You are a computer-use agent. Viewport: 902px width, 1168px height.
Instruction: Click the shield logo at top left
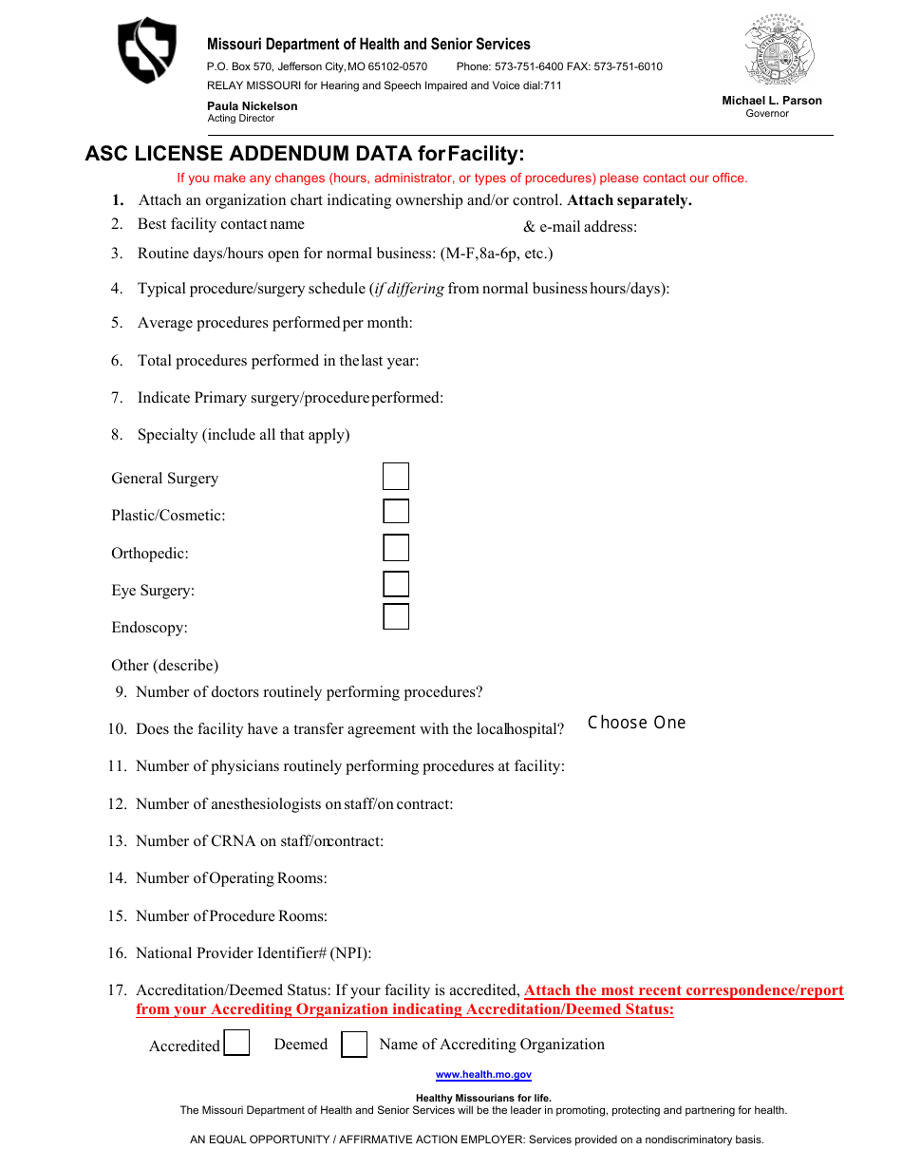[146, 49]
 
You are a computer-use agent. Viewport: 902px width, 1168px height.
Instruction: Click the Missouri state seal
[780, 51]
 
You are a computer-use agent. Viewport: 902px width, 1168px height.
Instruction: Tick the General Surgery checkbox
[396, 477]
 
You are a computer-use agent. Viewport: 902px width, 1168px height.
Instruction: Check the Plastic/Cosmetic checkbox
[396, 512]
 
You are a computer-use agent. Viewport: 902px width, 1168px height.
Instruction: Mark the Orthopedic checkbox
[396, 548]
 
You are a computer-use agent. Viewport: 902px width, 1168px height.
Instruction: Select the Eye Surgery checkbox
[396, 584]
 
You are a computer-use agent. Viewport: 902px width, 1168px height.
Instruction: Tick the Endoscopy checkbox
[396, 616]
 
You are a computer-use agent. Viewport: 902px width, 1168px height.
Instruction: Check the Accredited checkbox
[236, 1044]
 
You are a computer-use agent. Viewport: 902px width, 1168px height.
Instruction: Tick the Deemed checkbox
[354, 1045]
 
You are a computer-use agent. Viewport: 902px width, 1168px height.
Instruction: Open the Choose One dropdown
[636, 723]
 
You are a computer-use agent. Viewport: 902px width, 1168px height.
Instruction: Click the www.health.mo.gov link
[483, 1075]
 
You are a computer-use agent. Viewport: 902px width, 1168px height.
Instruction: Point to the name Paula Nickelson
[253, 106]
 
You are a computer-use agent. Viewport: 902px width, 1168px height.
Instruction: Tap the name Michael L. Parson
[772, 101]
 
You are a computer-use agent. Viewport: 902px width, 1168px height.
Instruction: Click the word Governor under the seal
[767, 114]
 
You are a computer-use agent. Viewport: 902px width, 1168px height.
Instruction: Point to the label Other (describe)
[165, 665]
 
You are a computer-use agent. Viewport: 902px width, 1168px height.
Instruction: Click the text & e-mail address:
[580, 227]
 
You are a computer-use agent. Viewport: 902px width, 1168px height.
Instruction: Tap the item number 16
[117, 952]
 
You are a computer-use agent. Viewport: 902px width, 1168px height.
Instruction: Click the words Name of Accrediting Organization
[492, 1045]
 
